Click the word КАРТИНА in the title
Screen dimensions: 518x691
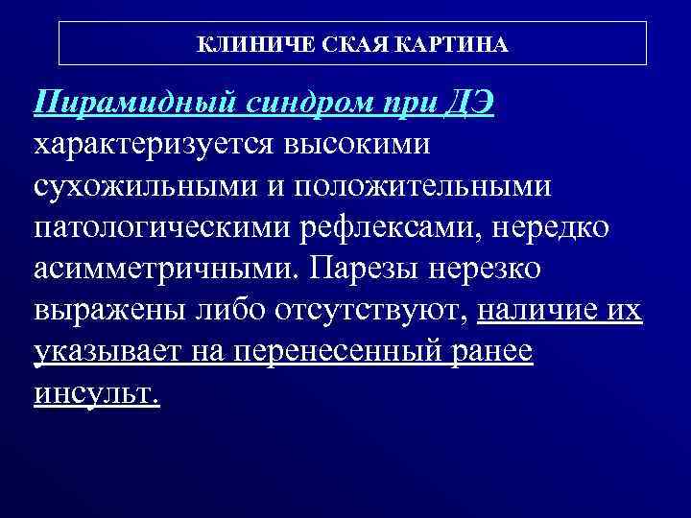456,45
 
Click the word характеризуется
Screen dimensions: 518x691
155,146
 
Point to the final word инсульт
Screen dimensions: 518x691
96,394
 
